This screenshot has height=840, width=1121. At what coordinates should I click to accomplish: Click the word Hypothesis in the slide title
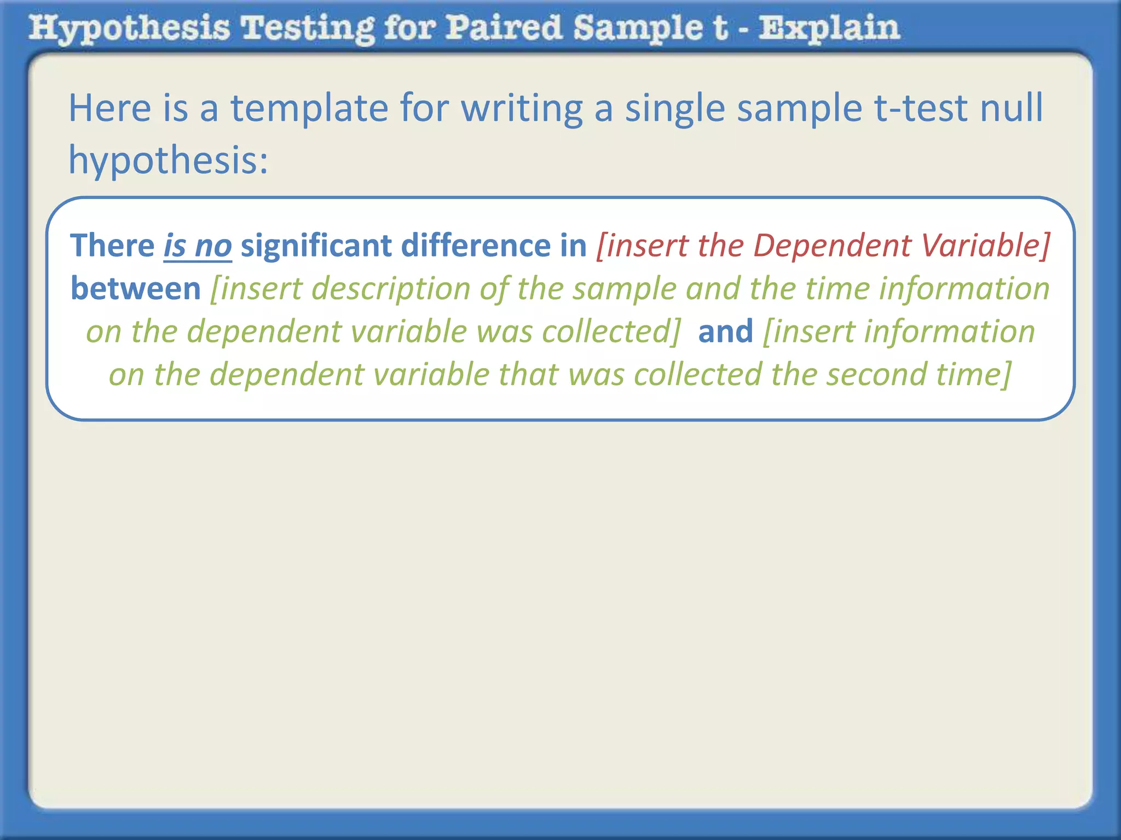click(129, 28)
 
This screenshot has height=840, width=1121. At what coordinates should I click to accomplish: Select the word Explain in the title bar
click(829, 28)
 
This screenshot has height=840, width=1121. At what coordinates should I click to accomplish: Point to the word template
click(309, 108)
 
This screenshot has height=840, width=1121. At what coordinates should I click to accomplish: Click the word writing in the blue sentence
click(522, 108)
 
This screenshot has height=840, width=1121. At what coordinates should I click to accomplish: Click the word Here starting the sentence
click(109, 108)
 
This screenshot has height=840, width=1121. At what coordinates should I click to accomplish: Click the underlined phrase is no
click(198, 246)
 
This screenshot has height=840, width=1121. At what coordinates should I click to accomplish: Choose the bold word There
click(113, 246)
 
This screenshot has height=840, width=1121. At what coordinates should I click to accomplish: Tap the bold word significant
click(316, 246)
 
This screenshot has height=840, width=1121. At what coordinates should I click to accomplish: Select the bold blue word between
click(136, 289)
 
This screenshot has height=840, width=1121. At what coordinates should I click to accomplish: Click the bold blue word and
click(726, 331)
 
